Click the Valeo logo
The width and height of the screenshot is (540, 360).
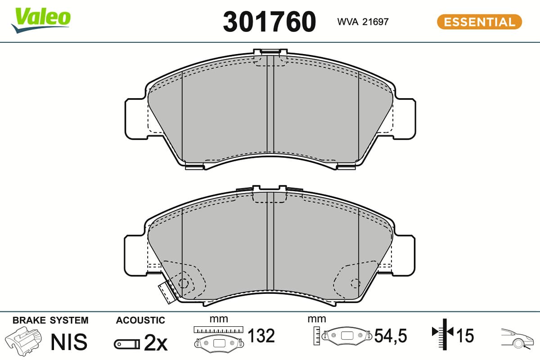pyautogui.click(x=41, y=20)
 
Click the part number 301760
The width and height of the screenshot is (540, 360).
pyautogui.click(x=269, y=22)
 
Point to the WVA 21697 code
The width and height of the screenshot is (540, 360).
pyautogui.click(x=363, y=22)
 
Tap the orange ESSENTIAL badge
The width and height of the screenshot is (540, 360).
pyautogui.click(x=479, y=22)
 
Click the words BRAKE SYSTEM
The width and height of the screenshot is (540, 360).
pyautogui.click(x=50, y=320)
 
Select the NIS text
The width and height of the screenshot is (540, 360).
pyautogui.click(x=69, y=342)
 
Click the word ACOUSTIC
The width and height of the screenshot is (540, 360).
pyautogui.click(x=140, y=320)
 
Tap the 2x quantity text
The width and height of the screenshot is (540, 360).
pyautogui.click(x=156, y=342)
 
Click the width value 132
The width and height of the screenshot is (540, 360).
pyautogui.click(x=261, y=335)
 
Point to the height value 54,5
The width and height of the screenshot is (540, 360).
pyautogui.click(x=391, y=336)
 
